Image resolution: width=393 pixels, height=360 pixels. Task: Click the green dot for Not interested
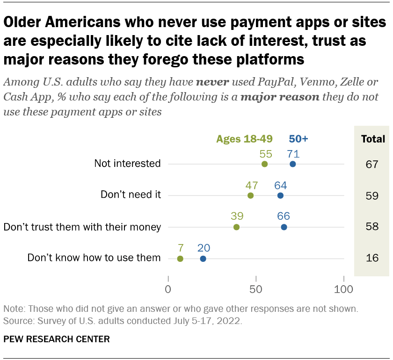pyautogui.click(x=264, y=164)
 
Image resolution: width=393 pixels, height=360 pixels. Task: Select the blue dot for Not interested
pyautogui.click(x=293, y=164)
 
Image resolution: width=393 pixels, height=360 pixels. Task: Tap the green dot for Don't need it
pyautogui.click(x=250, y=195)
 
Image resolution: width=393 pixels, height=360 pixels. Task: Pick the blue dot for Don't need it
pyautogui.click(x=280, y=195)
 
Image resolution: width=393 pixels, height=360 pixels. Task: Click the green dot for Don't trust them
pyautogui.click(x=236, y=227)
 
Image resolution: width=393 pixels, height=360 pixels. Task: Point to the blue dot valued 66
pyautogui.click(x=284, y=227)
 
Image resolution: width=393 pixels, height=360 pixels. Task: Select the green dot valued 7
pyautogui.click(x=180, y=259)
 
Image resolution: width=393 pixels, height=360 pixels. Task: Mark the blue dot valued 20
pyautogui.click(x=203, y=259)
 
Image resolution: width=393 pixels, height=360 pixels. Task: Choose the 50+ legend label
pyautogui.click(x=298, y=139)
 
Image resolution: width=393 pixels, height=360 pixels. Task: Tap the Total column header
pyautogui.click(x=373, y=139)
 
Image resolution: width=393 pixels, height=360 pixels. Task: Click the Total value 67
pyautogui.click(x=372, y=164)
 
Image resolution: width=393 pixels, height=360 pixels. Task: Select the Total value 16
pyautogui.click(x=372, y=259)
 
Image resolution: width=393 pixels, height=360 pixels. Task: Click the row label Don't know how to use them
pyautogui.click(x=94, y=258)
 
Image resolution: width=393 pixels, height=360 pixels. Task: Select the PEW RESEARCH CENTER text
pyautogui.click(x=57, y=339)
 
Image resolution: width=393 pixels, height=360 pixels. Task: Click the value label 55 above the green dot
pyautogui.click(x=266, y=153)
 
